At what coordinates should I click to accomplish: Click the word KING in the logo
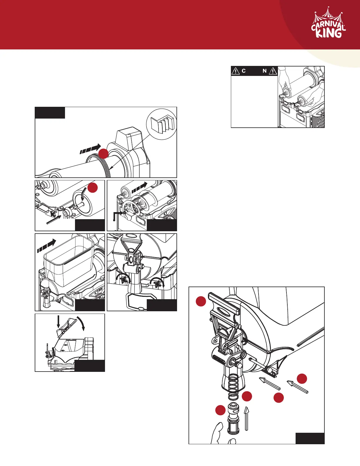tap(329, 33)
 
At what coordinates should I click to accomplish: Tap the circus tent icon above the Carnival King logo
tap(328, 15)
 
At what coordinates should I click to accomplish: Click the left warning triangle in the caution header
tap(236, 71)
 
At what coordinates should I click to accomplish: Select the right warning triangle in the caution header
tap(273, 71)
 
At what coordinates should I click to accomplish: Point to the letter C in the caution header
tap(244, 71)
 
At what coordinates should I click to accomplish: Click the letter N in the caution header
tap(265, 71)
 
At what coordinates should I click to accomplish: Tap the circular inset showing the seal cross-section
tap(161, 125)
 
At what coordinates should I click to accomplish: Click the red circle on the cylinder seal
tap(103, 154)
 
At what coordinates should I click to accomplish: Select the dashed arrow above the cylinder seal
tap(90, 149)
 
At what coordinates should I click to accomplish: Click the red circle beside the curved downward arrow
tap(93, 188)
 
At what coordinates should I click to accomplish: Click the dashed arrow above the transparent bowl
tap(46, 246)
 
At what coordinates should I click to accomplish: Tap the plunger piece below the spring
tap(233, 419)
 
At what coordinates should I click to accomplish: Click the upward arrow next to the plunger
tap(246, 418)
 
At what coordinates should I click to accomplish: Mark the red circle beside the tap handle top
tap(201, 302)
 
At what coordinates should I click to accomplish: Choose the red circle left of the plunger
tap(220, 410)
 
